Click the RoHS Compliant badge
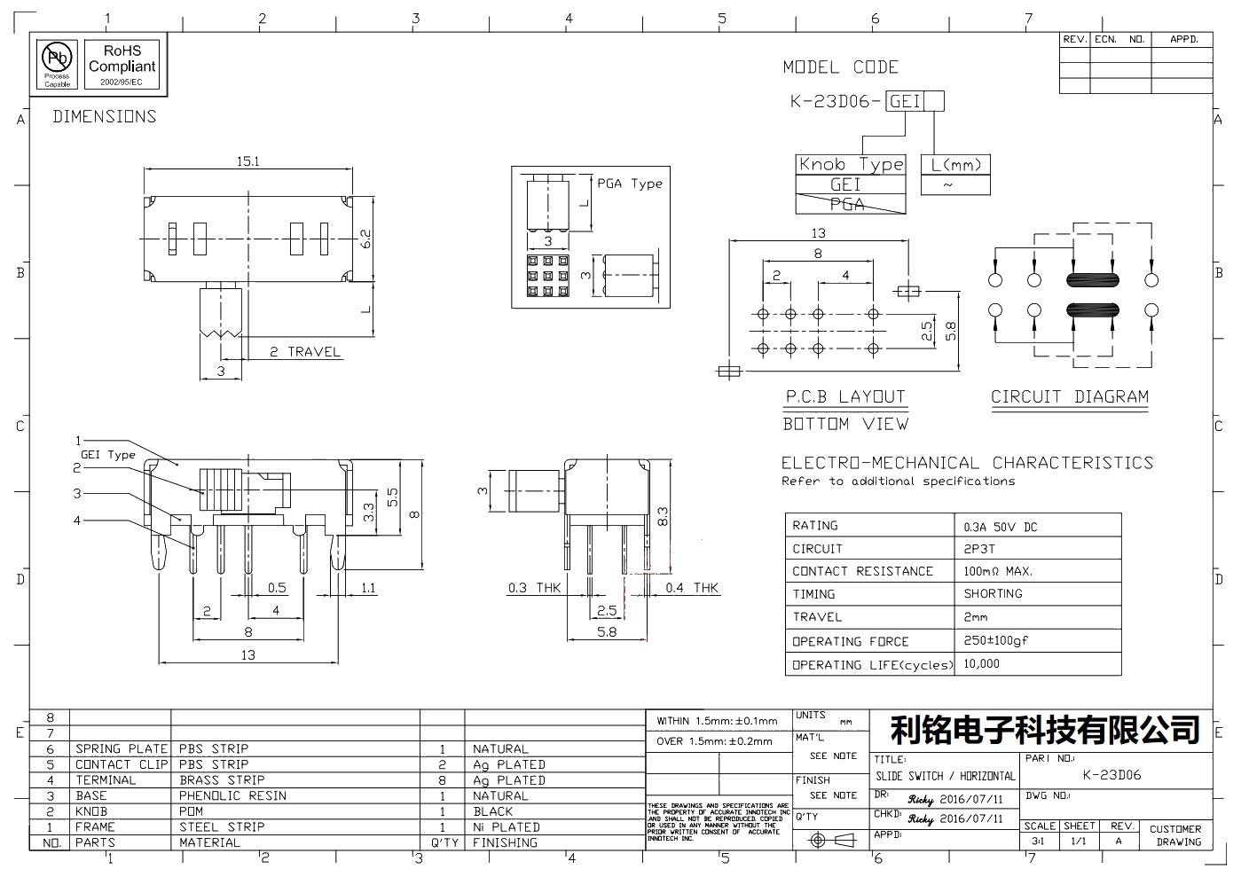point(122,64)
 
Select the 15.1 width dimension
point(247,161)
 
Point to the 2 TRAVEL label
point(305,352)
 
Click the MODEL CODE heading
point(840,67)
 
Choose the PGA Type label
point(629,184)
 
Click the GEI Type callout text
point(108,455)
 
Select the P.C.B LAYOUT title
point(844,396)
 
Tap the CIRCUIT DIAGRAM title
point(1069,396)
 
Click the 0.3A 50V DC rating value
point(1000,527)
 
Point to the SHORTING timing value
point(993,593)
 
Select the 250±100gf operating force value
point(995,640)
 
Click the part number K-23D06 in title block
point(1112,774)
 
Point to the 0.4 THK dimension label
point(692,588)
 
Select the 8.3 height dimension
point(662,515)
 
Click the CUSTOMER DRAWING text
point(1175,835)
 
